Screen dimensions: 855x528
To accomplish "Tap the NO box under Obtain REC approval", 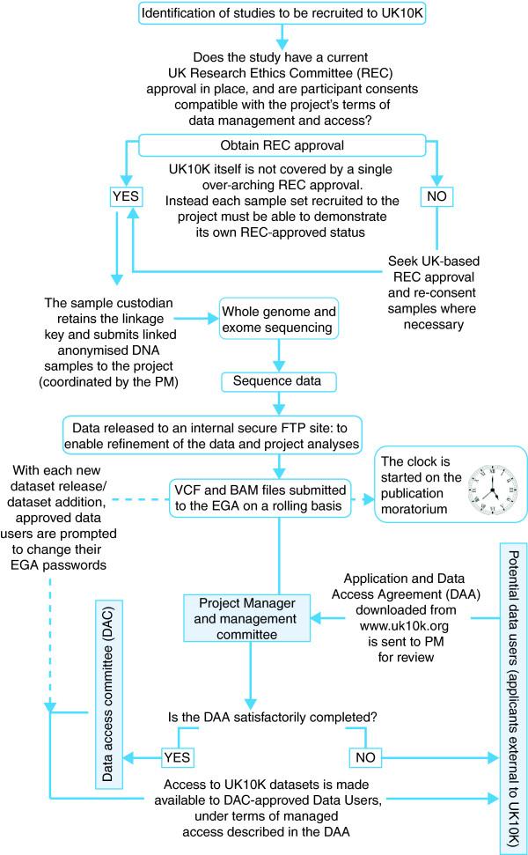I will pos(435,196).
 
